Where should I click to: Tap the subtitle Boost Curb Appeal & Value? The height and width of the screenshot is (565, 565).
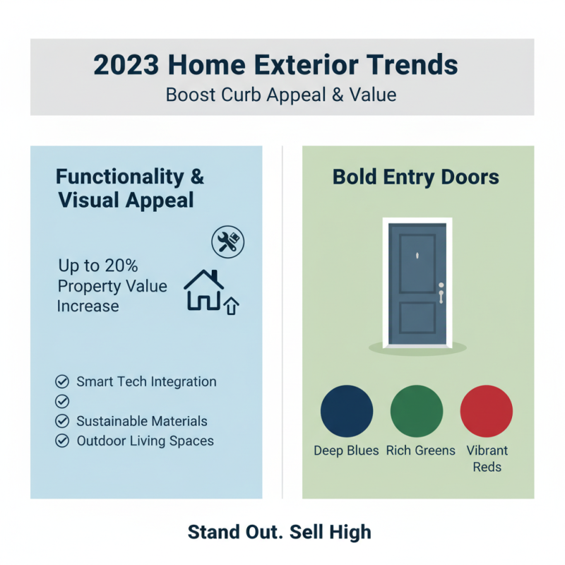[x=281, y=95]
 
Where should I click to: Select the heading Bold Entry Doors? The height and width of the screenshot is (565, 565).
[x=416, y=177]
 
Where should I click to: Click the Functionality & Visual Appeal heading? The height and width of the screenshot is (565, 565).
[x=129, y=188]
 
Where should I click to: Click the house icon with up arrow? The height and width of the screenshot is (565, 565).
[x=210, y=290]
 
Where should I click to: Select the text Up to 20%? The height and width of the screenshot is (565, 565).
[x=98, y=266]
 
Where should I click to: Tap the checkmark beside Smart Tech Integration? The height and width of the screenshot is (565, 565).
[x=62, y=382]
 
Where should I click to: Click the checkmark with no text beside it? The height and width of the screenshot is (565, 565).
[x=62, y=401]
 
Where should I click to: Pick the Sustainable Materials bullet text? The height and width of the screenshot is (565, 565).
[x=142, y=421]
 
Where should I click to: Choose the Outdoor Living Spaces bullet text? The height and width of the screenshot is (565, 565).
[x=145, y=441]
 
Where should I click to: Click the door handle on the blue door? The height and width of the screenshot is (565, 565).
[x=441, y=292]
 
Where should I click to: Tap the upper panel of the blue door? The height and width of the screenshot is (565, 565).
[x=417, y=263]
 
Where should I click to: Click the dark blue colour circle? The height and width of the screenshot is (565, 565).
[x=346, y=411]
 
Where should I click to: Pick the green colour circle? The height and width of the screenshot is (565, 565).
[x=417, y=411]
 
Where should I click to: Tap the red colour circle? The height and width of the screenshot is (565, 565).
[x=486, y=411]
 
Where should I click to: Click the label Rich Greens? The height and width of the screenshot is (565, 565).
[x=420, y=451]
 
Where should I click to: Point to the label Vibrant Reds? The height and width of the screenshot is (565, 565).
[x=487, y=458]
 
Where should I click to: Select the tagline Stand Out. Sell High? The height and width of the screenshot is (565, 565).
[x=280, y=532]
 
